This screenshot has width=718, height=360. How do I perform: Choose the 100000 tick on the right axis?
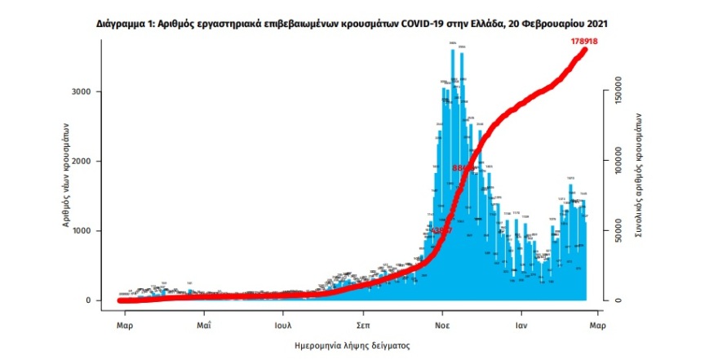[618, 161]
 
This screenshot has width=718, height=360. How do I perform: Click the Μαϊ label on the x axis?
[204, 325]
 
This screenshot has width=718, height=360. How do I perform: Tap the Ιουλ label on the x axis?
[283, 325]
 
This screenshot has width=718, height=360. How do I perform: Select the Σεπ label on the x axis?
[363, 325]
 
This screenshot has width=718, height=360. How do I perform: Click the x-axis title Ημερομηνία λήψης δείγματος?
[352, 346]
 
